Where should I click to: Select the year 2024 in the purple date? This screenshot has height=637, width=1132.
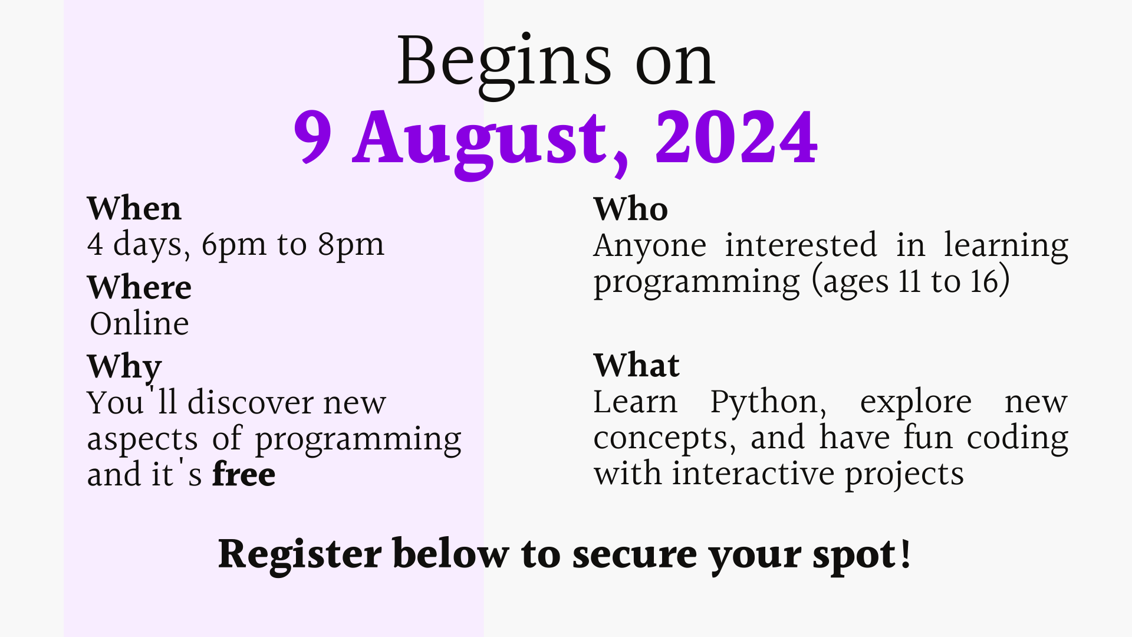pyautogui.click(x=736, y=137)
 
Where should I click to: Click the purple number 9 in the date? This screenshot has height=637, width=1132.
pyautogui.click(x=312, y=137)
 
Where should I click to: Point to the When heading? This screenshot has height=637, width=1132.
pyautogui.click(x=134, y=208)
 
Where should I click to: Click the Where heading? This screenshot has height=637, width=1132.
pyautogui.click(x=139, y=287)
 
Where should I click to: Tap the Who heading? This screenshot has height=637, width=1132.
pyautogui.click(x=631, y=209)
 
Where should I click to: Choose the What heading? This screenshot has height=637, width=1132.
pyautogui.click(x=637, y=365)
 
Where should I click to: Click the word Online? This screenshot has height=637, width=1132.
pyautogui.click(x=139, y=323)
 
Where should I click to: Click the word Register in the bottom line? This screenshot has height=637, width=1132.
pyautogui.click(x=300, y=555)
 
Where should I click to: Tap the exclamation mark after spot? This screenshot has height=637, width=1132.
pyautogui.click(x=906, y=553)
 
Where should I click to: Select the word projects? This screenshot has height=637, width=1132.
pyautogui.click(x=904, y=475)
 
